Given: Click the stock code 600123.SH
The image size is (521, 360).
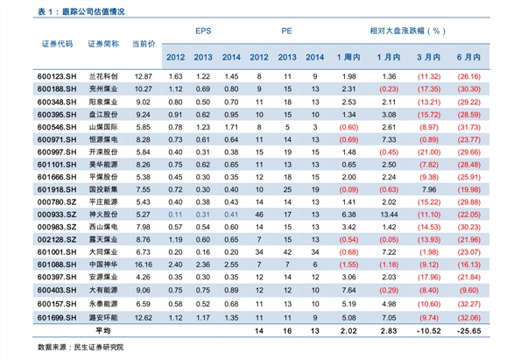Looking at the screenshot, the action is click(x=57, y=76).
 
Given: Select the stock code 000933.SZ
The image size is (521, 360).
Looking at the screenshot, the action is click(x=57, y=215).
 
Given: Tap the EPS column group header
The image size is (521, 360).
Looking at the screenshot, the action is click(x=203, y=31).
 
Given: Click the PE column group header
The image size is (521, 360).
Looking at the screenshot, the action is click(x=286, y=31).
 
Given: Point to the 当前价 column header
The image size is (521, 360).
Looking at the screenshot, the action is click(x=144, y=44).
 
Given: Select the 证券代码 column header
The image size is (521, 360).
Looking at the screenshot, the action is click(x=57, y=44).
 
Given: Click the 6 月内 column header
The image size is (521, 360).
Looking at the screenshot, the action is click(x=468, y=57).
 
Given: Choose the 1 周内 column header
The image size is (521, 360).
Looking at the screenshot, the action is click(x=349, y=57).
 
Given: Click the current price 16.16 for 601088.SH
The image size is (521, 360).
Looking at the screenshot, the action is click(x=144, y=265).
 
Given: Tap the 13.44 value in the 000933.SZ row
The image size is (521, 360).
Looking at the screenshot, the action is click(x=389, y=215).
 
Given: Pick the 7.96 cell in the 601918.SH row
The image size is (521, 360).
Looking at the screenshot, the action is click(x=429, y=190).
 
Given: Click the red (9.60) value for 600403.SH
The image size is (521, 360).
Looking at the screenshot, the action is click(x=468, y=290).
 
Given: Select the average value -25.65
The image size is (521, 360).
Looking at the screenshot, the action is click(x=468, y=331).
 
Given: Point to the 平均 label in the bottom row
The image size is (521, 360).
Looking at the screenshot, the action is click(x=103, y=331).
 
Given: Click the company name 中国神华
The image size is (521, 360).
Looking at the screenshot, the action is click(x=103, y=265).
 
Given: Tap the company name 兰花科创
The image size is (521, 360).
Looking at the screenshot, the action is click(x=103, y=76).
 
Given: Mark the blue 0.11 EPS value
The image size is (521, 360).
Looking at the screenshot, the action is click(x=175, y=215).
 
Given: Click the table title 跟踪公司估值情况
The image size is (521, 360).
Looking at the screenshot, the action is click(x=94, y=12).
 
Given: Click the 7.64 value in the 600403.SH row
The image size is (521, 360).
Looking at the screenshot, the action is click(x=349, y=290).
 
